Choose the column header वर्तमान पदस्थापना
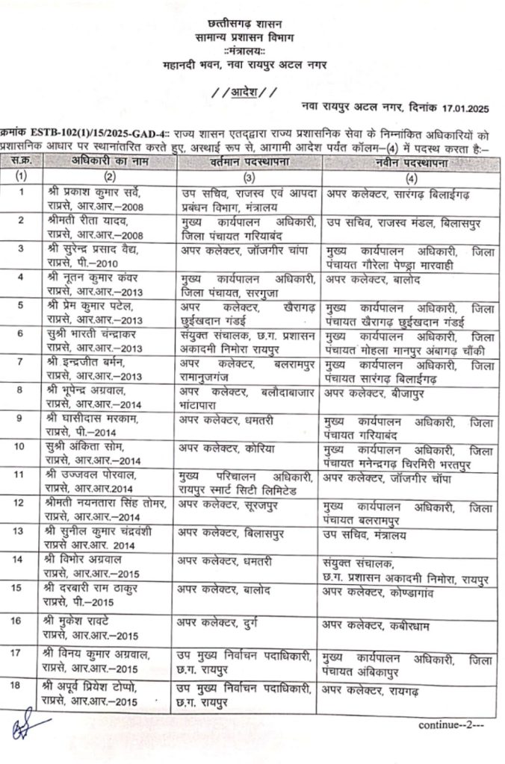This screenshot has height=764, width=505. pos(249,162)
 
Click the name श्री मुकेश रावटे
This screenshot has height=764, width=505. pos(84,621)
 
